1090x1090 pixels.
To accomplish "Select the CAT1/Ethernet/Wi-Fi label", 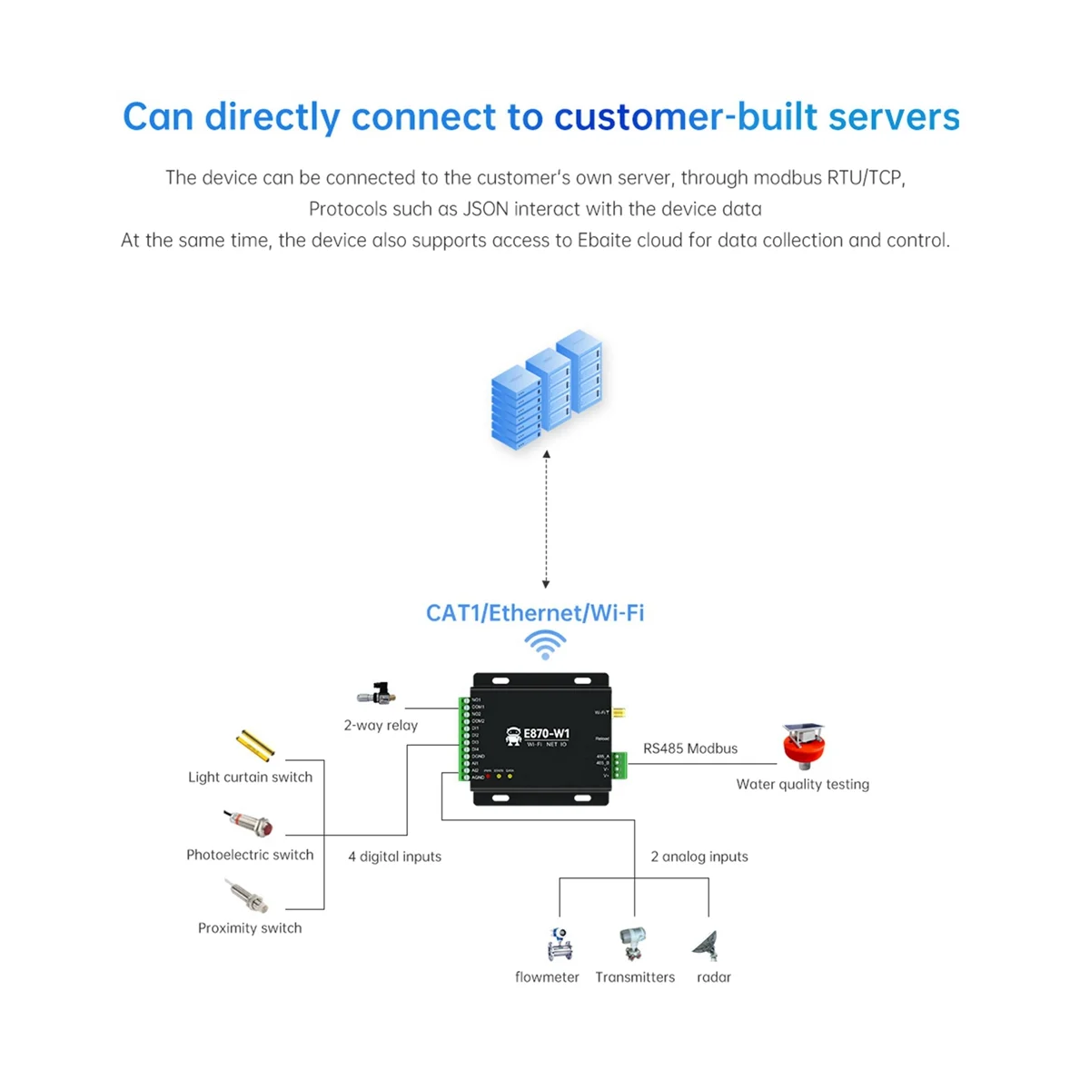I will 535,613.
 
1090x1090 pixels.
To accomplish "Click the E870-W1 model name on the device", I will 547,734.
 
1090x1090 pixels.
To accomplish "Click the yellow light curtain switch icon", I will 255,745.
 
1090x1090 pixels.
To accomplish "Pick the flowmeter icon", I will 559,945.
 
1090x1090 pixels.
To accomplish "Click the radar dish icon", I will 708,945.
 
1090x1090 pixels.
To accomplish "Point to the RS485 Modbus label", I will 690,748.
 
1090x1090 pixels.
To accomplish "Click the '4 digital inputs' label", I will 395,857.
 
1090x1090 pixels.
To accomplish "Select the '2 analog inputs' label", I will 699,857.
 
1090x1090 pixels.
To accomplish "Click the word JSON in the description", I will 486,209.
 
